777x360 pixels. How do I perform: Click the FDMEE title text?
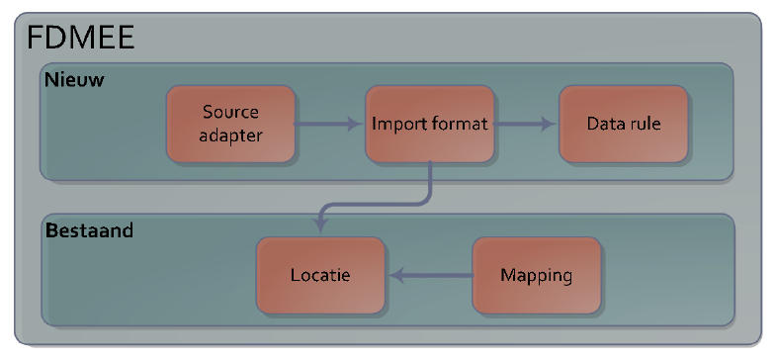(80, 38)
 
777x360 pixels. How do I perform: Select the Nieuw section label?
(75, 78)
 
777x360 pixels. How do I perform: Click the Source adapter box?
(231, 124)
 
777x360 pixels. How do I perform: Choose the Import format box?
(429, 124)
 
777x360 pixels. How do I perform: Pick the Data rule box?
(623, 124)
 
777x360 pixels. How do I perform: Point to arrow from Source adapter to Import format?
(329, 125)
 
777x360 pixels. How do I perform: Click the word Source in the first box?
(231, 112)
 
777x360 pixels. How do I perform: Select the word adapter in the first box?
(231, 135)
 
